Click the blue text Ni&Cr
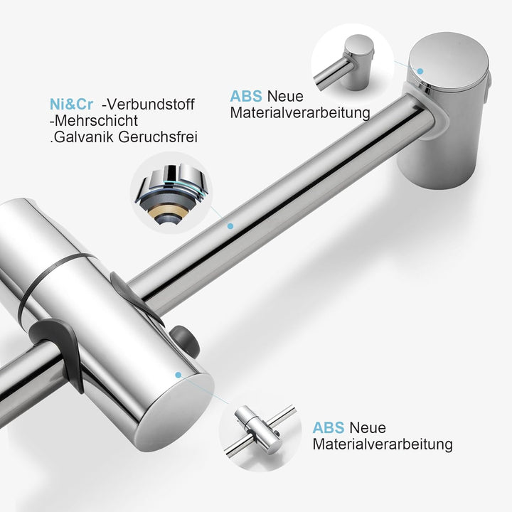(x=71, y=105)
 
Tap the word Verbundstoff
(x=151, y=105)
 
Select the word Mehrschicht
(x=96, y=121)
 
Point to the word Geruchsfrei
(x=158, y=137)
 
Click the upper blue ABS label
(x=246, y=96)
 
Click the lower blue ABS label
(x=328, y=428)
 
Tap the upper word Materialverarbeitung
(x=300, y=113)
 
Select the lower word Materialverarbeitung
(x=383, y=444)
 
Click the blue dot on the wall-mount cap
(x=420, y=71)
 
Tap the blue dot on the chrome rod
(x=230, y=226)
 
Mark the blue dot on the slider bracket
(x=178, y=375)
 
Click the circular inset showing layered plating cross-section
(x=171, y=193)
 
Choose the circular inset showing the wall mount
(x=353, y=64)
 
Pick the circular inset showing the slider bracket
(x=260, y=430)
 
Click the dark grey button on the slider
(x=184, y=341)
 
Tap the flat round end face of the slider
(x=175, y=407)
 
